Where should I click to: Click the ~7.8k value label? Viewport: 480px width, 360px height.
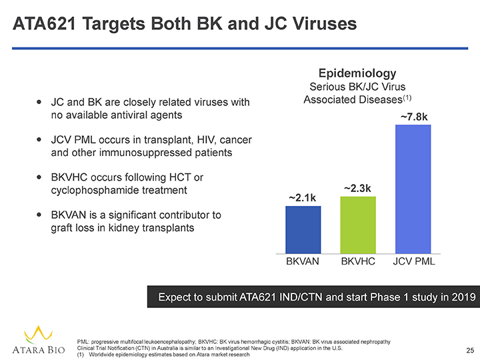pyautogui.click(x=413, y=117)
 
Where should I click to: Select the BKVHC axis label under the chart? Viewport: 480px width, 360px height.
pyautogui.click(x=358, y=263)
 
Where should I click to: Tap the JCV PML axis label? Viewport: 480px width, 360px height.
pyautogui.click(x=413, y=263)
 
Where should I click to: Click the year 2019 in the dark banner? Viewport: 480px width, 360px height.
pyautogui.click(x=459, y=296)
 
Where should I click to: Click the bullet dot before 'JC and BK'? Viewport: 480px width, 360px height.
pyautogui.click(x=40, y=103)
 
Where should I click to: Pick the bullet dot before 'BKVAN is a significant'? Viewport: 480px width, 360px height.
pyautogui.click(x=40, y=215)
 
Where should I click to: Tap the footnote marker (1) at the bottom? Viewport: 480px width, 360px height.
pyautogui.click(x=81, y=355)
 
